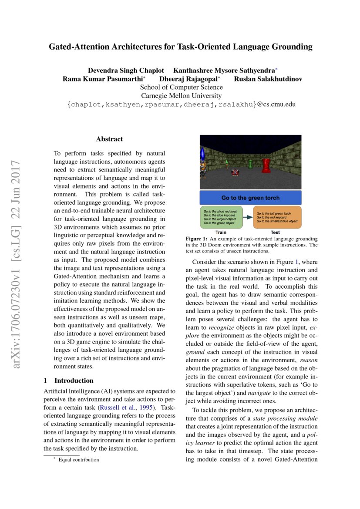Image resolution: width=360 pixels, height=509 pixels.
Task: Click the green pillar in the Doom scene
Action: pos(250,164)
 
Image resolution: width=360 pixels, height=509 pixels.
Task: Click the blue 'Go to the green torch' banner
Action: pos(250,198)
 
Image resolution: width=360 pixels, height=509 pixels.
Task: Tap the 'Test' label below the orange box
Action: pos(275,233)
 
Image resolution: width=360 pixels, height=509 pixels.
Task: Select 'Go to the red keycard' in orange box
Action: pos(274,217)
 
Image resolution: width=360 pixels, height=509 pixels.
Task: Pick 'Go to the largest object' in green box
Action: pos(219,219)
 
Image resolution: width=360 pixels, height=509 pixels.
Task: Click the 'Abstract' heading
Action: pos(109,139)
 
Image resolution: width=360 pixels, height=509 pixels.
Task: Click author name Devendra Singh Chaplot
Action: pos(126,70)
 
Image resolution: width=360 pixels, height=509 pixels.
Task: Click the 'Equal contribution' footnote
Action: pos(78,459)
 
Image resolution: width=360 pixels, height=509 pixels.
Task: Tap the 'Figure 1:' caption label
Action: pos(196,239)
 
